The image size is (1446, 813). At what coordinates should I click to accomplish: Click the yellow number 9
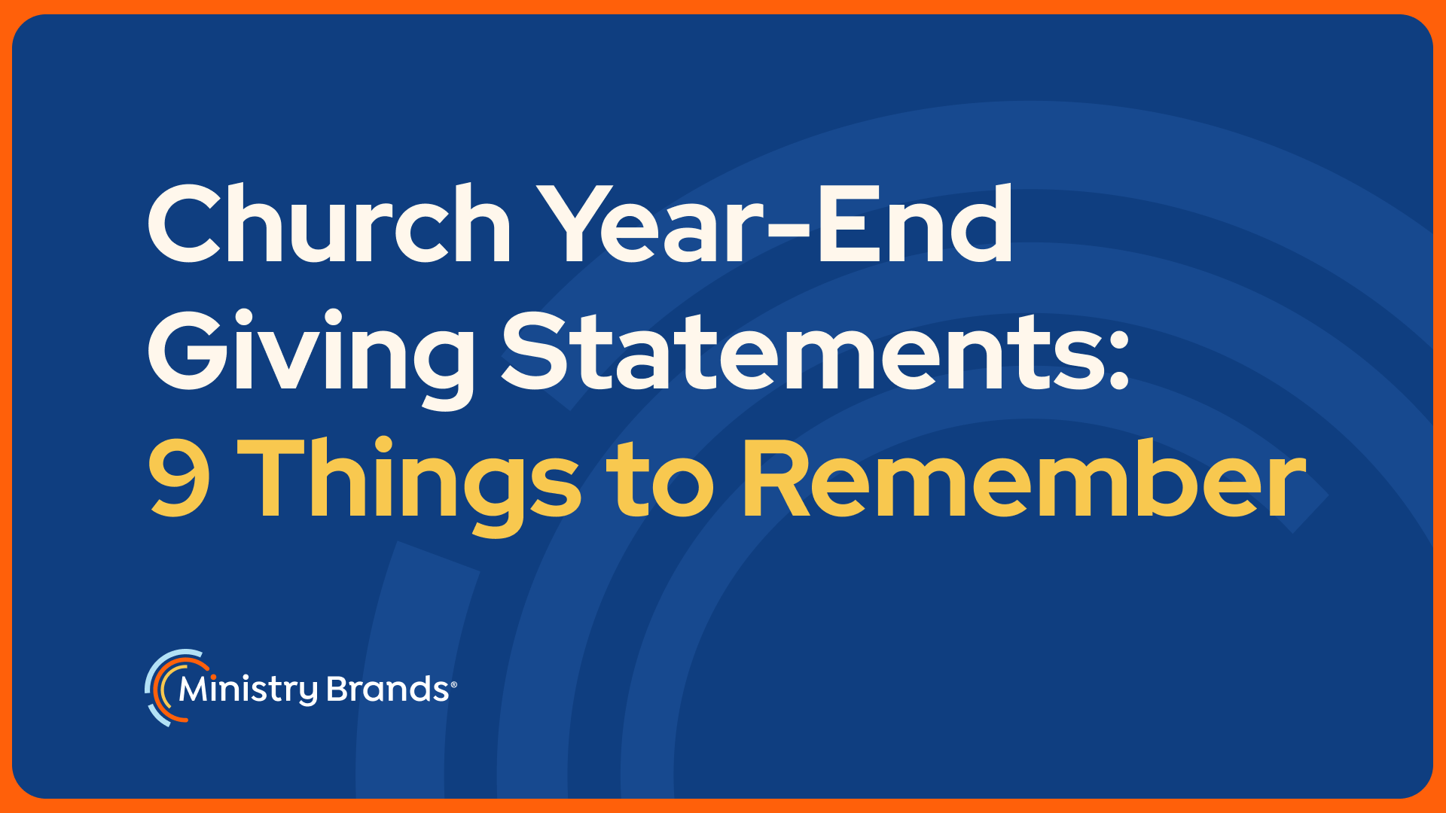coord(179,477)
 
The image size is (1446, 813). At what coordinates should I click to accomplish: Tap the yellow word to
coord(661,482)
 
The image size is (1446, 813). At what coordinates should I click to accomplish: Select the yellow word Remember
coord(1024,477)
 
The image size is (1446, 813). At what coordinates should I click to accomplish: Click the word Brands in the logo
coord(389,689)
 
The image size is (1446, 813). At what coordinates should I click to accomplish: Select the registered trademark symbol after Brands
coord(453,684)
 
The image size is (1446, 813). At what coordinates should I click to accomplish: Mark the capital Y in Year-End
coord(580,224)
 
